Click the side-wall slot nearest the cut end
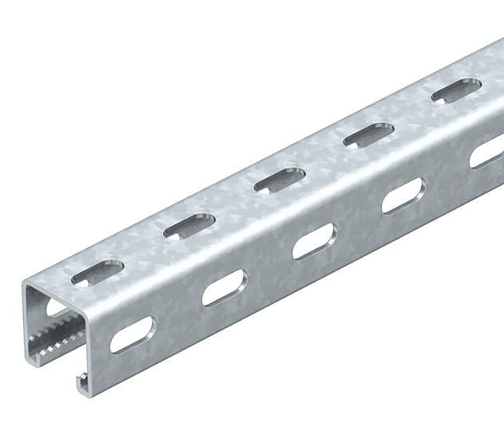(132, 334)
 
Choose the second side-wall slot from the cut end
(224, 288)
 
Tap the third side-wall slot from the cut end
(314, 242)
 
